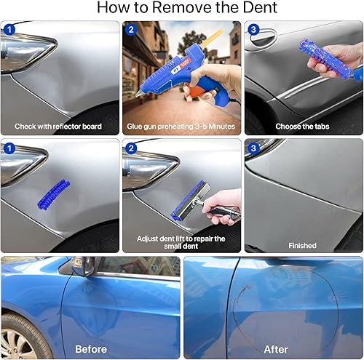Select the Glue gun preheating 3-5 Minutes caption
pyautogui.click(x=182, y=127)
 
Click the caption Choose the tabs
pyautogui.click(x=303, y=127)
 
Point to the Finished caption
pyautogui.click(x=303, y=246)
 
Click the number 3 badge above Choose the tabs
pyautogui.click(x=253, y=30)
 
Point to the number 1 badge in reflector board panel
pyautogui.click(x=9, y=30)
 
